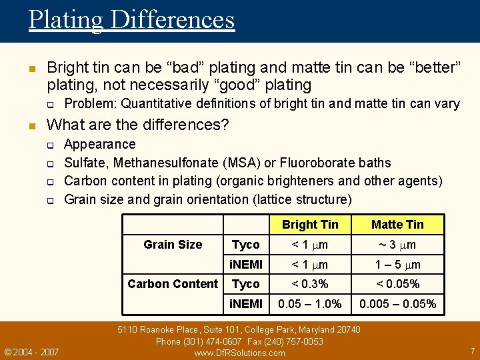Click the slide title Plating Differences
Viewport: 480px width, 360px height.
[x=131, y=19]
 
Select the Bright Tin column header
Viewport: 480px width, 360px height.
[x=310, y=225]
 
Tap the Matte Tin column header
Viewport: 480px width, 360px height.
[x=397, y=225]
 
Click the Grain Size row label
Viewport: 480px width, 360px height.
[x=173, y=245]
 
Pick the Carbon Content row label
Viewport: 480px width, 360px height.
[x=173, y=284]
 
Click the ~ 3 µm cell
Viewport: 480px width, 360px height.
[x=397, y=245]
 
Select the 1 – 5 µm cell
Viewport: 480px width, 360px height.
[x=397, y=265]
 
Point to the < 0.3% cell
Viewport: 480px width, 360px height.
[x=310, y=284]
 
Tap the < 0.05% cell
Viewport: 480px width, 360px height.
[x=397, y=284]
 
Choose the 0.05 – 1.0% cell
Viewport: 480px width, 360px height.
[x=310, y=304]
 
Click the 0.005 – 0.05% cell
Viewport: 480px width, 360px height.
[x=397, y=304]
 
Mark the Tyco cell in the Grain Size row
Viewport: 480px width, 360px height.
[x=245, y=245]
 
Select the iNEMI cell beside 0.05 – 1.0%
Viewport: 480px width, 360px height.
[x=246, y=304]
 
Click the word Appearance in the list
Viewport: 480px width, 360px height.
[x=99, y=144]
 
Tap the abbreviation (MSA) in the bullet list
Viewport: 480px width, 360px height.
[x=249, y=163]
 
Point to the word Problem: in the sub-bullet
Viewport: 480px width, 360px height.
[x=91, y=103]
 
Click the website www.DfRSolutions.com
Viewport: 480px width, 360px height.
[x=239, y=353]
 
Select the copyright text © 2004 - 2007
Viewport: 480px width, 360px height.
[x=31, y=351]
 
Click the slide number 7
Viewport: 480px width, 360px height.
[x=471, y=351]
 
